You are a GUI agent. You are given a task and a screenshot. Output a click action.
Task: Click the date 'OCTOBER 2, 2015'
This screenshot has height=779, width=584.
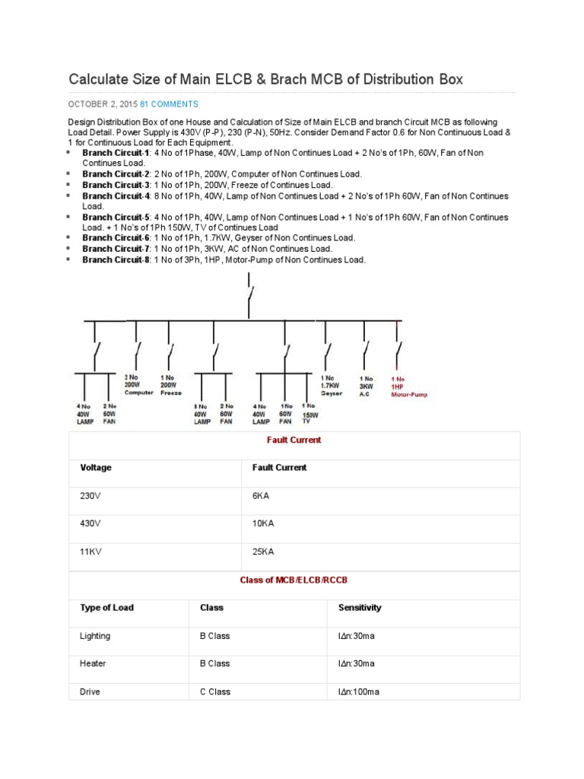103,103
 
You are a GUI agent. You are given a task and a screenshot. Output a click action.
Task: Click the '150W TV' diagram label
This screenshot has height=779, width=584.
309,414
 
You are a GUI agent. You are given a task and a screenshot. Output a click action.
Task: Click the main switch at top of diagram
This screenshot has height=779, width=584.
249,293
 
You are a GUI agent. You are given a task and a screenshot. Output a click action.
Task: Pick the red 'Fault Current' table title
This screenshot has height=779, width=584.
294,440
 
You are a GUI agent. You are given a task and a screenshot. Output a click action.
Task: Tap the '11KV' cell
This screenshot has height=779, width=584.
90,551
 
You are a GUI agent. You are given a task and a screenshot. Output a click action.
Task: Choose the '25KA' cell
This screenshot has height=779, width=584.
262,551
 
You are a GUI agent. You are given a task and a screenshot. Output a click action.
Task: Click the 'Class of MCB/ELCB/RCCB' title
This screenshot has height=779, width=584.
294,580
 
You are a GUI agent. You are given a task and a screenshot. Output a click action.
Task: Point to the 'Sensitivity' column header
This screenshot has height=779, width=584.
360,608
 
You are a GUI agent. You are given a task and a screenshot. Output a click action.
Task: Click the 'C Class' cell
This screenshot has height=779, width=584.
215,692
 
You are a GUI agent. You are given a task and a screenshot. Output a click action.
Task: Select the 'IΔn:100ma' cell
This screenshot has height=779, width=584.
360,692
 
